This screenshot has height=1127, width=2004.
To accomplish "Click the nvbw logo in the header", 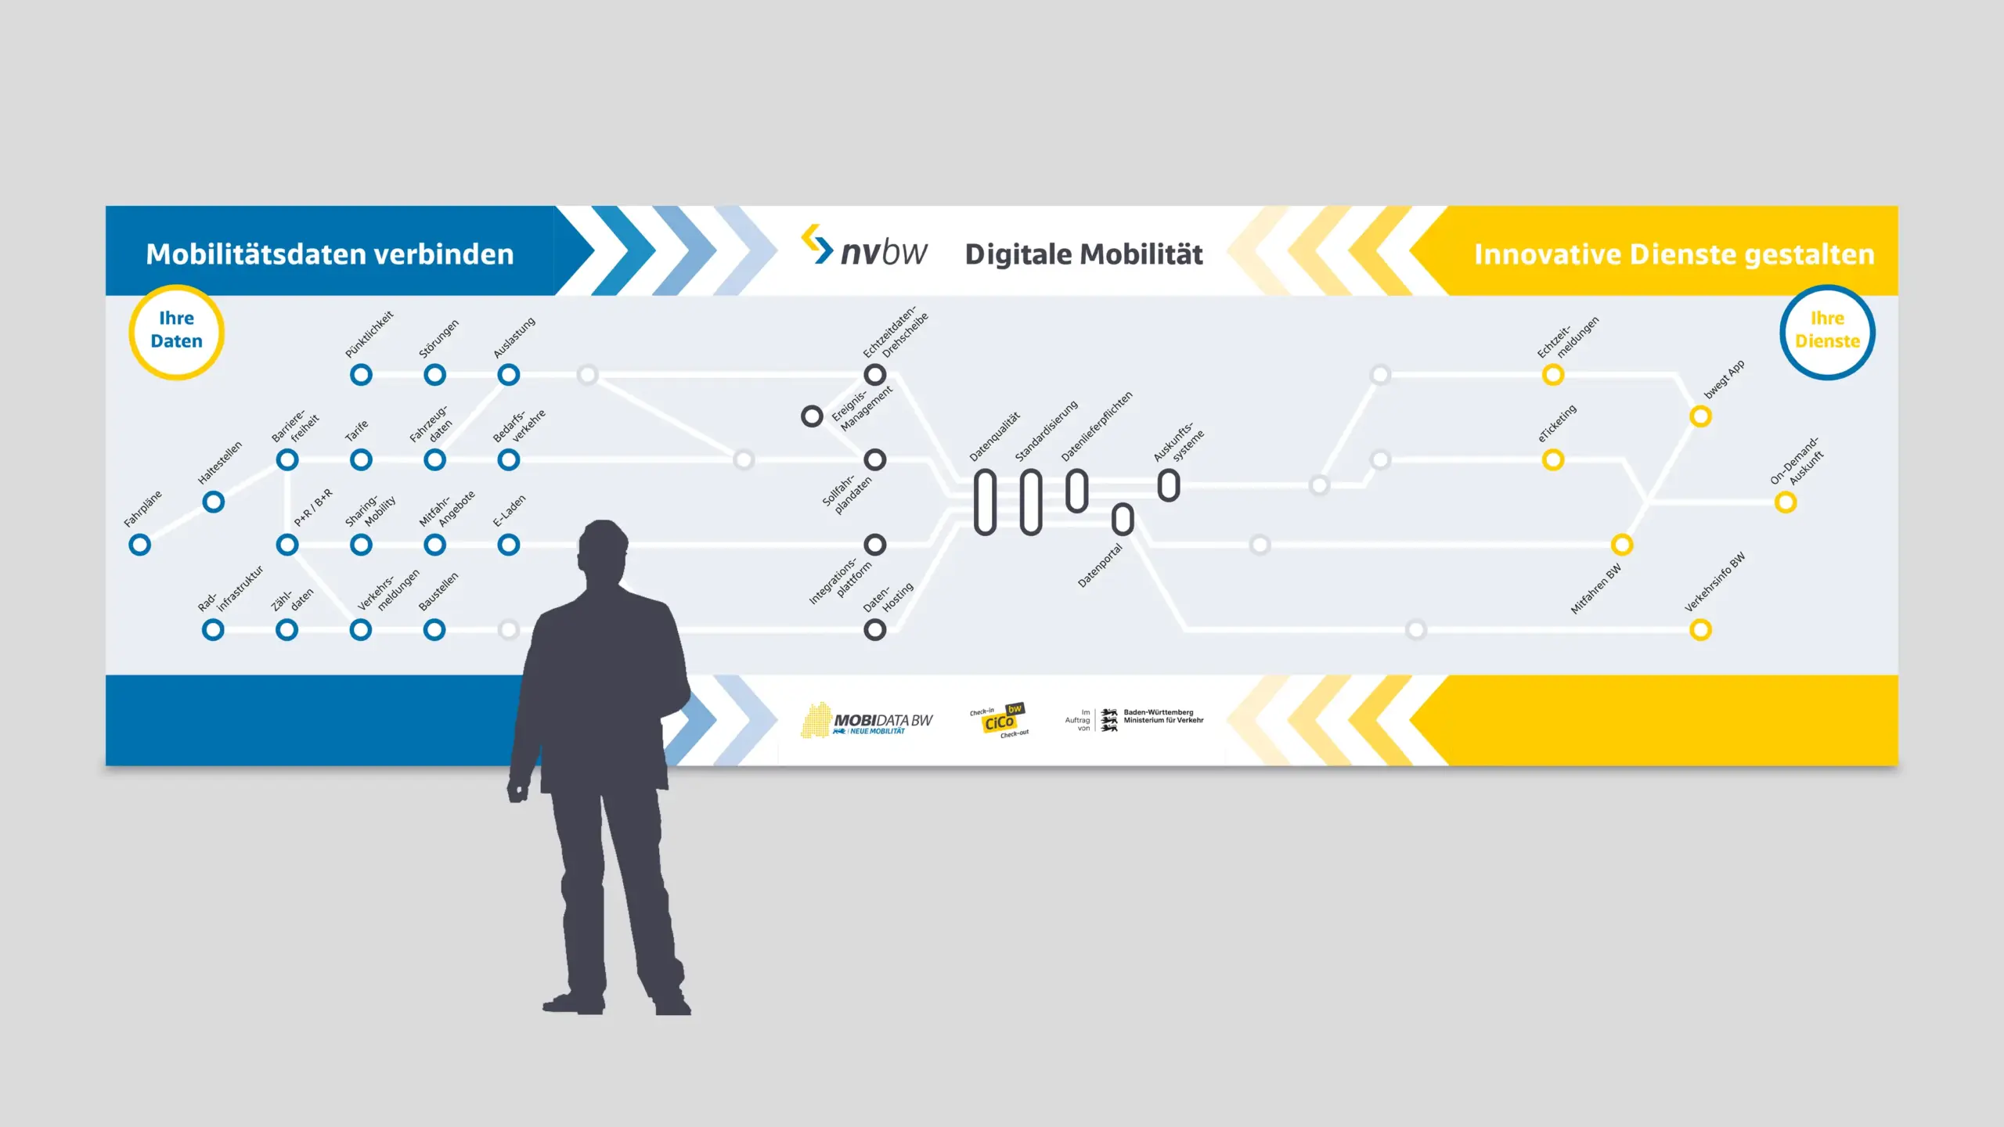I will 864,249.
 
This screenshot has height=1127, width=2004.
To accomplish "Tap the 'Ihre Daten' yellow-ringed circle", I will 177,332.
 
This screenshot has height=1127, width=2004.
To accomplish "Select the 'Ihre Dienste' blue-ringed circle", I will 1827,332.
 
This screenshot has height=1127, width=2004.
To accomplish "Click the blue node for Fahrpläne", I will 140,545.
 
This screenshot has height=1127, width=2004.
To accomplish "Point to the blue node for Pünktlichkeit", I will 361,375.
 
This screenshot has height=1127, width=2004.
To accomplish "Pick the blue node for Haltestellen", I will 214,502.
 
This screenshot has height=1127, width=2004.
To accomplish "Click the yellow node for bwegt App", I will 1700,416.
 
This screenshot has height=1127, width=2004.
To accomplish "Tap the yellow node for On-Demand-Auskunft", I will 1786,502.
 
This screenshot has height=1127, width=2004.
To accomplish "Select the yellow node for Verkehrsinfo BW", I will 1700,629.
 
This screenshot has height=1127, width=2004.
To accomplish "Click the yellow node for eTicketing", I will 1553,459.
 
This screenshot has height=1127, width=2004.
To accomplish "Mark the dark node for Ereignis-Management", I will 812,416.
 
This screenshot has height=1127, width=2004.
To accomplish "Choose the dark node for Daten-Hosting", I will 875,629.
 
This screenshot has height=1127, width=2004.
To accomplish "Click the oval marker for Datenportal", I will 1123,518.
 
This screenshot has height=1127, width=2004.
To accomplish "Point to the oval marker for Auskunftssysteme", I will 1169,485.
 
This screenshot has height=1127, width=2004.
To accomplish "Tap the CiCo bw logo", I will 1000,720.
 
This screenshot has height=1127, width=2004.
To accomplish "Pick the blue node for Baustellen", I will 434,629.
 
